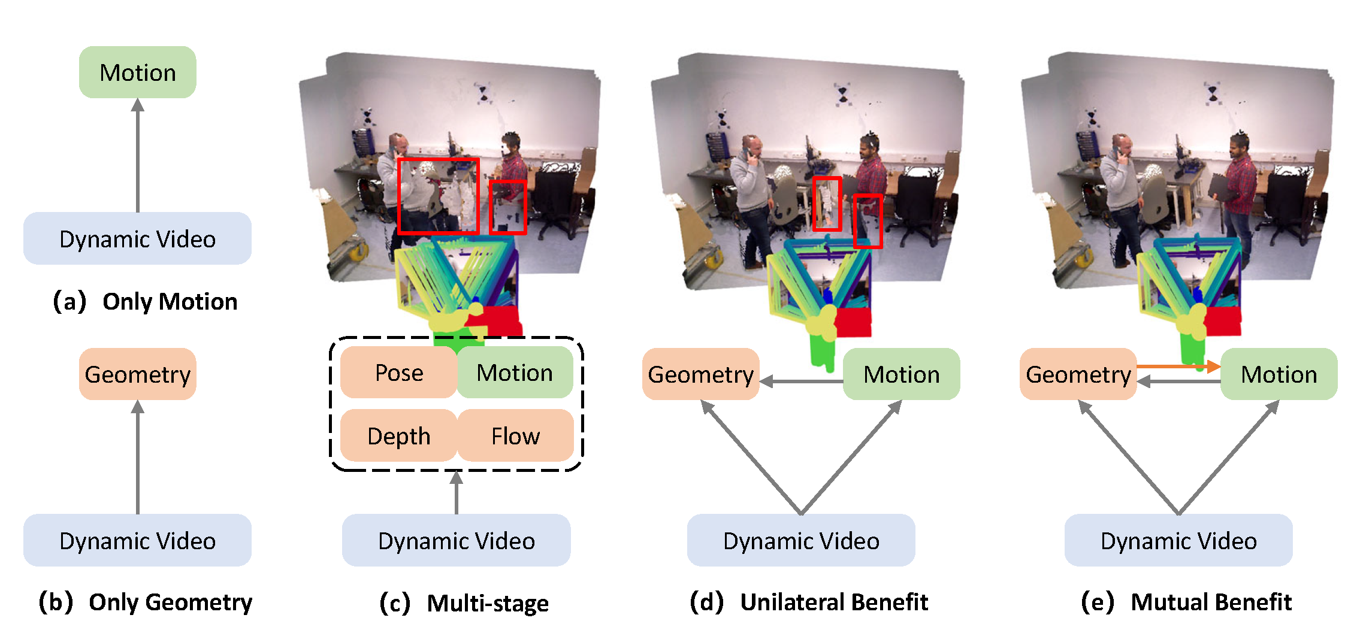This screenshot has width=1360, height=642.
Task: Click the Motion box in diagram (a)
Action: click(137, 72)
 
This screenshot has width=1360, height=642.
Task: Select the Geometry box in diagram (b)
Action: click(137, 374)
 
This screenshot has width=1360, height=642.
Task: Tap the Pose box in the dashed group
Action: click(398, 373)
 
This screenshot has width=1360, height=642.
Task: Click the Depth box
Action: click(398, 436)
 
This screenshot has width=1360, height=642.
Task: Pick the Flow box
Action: click(515, 436)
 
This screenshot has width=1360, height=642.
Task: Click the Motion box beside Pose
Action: click(515, 373)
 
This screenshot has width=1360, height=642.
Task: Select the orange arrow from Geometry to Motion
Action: click(1177, 366)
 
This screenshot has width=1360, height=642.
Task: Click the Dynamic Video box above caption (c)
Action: click(456, 541)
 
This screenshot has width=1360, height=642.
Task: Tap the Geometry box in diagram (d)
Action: click(700, 374)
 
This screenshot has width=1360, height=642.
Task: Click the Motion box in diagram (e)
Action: click(1279, 374)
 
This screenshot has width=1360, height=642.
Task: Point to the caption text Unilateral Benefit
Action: click(833, 602)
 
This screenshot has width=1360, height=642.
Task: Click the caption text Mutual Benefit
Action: click(1211, 602)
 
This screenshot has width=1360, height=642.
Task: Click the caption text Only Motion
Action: click(170, 301)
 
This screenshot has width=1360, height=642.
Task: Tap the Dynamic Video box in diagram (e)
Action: click(1178, 541)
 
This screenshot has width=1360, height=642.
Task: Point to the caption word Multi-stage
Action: click(487, 603)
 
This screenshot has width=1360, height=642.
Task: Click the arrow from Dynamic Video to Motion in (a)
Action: click(138, 156)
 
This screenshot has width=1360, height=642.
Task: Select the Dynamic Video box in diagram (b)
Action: click(137, 541)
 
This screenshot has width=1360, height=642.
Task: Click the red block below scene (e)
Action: click(1222, 321)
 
